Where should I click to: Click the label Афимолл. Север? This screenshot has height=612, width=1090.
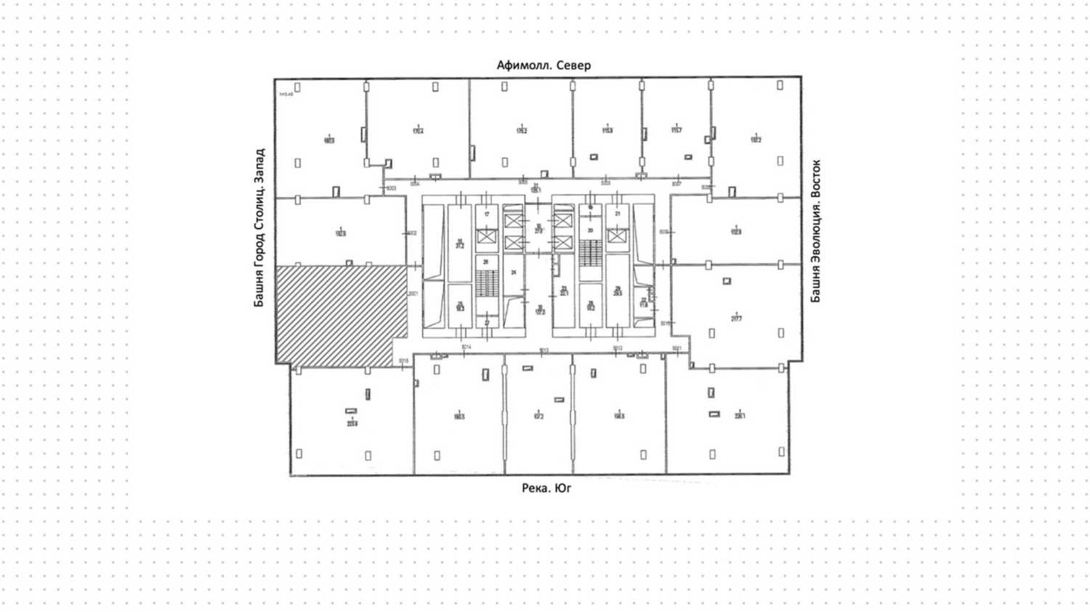pos(544,65)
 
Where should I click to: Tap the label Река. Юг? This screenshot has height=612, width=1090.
pos(546,488)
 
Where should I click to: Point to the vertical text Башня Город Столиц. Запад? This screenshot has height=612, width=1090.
pos(259,228)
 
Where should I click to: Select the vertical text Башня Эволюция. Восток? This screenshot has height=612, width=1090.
pos(815,231)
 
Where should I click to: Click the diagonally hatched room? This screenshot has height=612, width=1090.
pos(340,314)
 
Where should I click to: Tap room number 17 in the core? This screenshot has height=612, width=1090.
pos(487,214)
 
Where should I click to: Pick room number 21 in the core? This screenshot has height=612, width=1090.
pos(618,214)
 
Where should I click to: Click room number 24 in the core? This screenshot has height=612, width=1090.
pos(513,273)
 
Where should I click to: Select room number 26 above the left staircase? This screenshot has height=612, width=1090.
pos(486,262)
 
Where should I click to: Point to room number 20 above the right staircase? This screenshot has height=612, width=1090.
pos(590,230)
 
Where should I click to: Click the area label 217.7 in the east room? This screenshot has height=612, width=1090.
pos(736,318)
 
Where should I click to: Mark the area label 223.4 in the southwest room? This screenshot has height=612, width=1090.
pos(352,422)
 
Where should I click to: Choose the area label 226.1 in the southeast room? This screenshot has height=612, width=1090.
pos(740,416)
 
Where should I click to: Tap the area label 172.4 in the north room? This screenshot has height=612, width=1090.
pos(418,132)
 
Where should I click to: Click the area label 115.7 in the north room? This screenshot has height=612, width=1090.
pos(677,131)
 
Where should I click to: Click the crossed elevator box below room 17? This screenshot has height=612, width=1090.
pos(486,236)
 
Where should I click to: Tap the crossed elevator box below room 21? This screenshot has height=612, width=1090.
pos(617,236)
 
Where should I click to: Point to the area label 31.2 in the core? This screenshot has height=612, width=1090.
pos(459,246)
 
